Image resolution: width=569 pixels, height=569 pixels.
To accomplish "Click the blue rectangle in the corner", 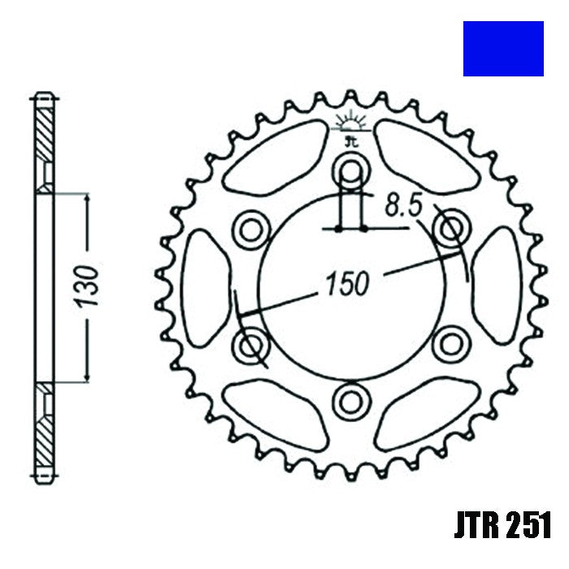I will (503, 49).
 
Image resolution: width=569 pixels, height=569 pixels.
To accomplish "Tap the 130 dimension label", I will (90, 285).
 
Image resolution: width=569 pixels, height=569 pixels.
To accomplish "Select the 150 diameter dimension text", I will (347, 283).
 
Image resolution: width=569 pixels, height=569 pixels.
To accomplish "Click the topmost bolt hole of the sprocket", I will (351, 172).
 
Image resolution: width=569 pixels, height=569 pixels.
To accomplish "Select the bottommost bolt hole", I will (351, 399).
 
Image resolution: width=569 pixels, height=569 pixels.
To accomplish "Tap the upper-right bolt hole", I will (450, 228).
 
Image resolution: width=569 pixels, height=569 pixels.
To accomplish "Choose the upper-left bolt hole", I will (251, 229).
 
